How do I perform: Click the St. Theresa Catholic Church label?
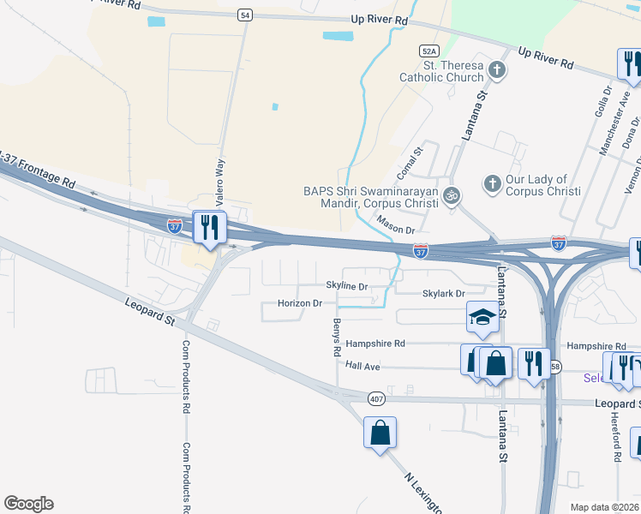(441, 71)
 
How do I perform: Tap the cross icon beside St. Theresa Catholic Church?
(497, 71)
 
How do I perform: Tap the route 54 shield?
(246, 15)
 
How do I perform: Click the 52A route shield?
(429, 51)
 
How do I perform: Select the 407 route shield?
(377, 398)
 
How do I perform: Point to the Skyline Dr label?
(346, 286)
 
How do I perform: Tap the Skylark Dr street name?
(443, 293)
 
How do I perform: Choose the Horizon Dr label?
(300, 303)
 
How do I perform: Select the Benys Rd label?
(337, 338)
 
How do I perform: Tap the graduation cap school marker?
(482, 318)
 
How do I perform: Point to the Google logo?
(28, 504)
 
